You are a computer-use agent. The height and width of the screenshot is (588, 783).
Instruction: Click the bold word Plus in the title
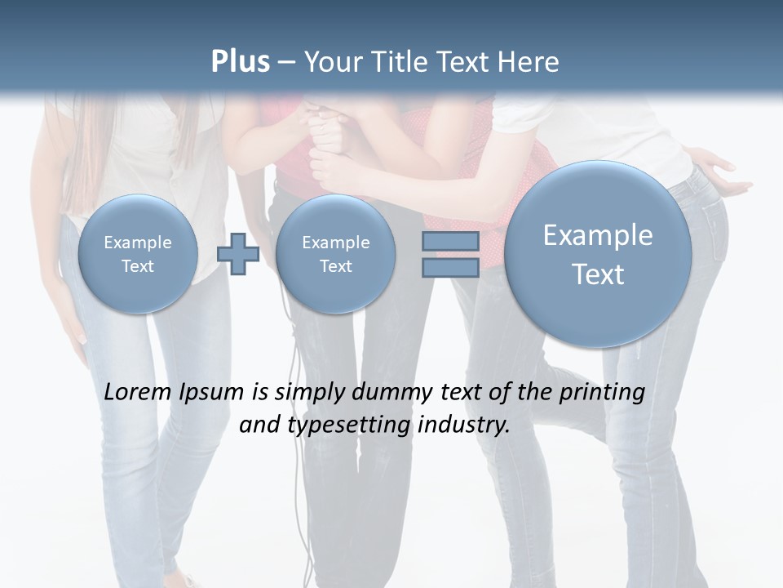[x=240, y=61]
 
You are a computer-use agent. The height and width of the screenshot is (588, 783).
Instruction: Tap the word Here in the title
[x=528, y=62]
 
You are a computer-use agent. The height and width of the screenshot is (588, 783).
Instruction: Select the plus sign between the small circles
[x=238, y=254]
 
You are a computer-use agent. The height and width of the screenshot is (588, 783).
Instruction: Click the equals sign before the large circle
[x=450, y=255]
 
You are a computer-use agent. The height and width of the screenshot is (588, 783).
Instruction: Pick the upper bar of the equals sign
[x=450, y=242]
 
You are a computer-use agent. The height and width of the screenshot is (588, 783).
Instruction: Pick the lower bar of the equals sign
[x=450, y=267]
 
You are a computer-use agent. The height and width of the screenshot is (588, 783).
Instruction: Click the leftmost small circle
[x=138, y=254]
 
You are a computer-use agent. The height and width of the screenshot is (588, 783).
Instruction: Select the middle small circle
[x=335, y=254]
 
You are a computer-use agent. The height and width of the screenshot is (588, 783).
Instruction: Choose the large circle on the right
[x=598, y=253]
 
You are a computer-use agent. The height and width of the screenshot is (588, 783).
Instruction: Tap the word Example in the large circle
[x=598, y=235]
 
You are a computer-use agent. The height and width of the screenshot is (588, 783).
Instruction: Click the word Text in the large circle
[x=598, y=274]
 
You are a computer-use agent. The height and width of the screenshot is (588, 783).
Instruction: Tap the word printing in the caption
[x=602, y=393]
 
